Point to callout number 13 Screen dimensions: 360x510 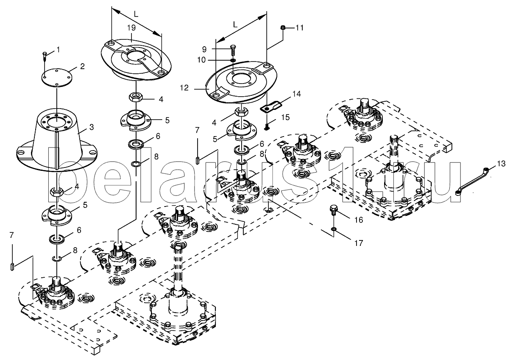click(x=501, y=163)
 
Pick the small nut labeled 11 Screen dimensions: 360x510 click(x=283, y=28)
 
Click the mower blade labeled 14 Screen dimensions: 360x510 click(x=268, y=104)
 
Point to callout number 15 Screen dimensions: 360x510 click(x=285, y=116)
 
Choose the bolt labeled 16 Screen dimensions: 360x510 click(x=334, y=209)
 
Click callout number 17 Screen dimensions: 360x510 click(x=359, y=243)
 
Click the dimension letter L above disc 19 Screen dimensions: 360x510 click(x=135, y=14)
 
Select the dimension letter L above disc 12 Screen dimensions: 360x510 click(x=235, y=25)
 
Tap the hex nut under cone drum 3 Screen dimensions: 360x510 click(x=57, y=192)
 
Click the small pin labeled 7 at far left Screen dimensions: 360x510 click(x=12, y=266)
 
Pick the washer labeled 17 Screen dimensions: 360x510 click(x=334, y=229)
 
